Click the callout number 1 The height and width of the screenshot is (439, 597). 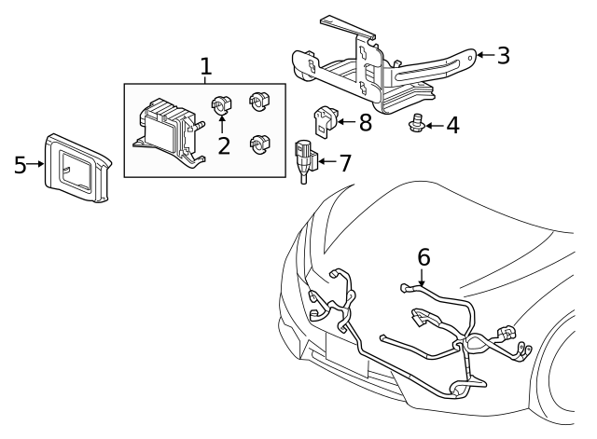(x=206, y=66)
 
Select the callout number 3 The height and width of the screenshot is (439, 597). (x=503, y=55)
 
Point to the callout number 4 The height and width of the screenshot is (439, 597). (x=451, y=124)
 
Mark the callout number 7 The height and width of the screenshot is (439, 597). (x=344, y=163)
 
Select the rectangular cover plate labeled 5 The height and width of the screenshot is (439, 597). (x=78, y=166)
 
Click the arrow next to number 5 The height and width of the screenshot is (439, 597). (x=36, y=165)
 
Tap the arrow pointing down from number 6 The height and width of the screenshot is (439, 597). (x=423, y=276)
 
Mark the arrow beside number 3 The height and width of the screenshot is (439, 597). (x=483, y=55)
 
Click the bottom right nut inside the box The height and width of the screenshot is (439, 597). (x=258, y=144)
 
